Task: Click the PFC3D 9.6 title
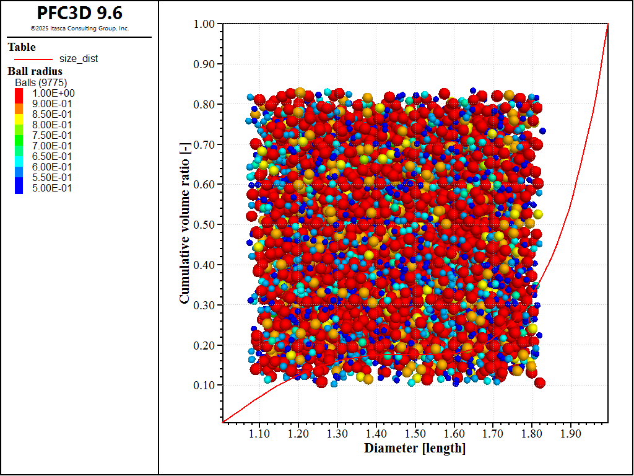79,14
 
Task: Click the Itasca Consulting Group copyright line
79,29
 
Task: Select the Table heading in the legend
22,47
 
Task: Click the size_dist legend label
79,59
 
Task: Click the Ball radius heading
35,71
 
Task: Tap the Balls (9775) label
41,82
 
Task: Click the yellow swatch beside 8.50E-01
19,114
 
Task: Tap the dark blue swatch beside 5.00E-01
19,188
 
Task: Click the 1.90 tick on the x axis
570,434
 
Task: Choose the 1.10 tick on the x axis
259,434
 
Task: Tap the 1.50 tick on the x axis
415,434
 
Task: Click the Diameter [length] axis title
415,448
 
